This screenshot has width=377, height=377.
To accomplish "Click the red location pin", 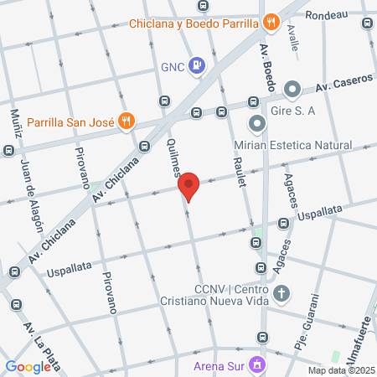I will [x=188, y=186].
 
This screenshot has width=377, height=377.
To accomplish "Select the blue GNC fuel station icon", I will [x=196, y=65].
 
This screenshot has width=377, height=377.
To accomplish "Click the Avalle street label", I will [x=292, y=38].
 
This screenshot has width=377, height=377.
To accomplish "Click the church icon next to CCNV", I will [x=283, y=294].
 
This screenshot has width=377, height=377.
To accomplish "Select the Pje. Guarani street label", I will [x=308, y=323].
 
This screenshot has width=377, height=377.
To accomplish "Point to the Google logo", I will [x=28, y=366].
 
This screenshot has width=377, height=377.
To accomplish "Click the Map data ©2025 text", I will [x=341, y=370].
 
